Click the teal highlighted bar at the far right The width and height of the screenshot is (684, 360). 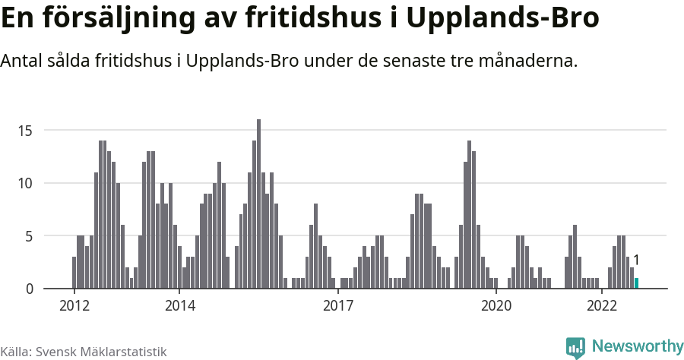click(636, 283)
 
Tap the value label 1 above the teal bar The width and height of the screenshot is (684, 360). click(636, 261)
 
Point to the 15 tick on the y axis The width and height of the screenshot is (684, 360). click(26, 131)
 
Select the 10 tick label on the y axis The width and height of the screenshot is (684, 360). click(26, 183)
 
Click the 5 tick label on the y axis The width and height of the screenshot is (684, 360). click(29, 236)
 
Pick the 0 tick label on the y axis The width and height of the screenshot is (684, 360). click(29, 289)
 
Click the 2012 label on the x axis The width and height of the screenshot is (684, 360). click(74, 306)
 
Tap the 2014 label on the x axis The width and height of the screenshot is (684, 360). click(179, 306)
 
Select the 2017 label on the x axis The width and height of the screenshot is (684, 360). click(338, 306)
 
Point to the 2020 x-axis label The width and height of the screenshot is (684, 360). click(496, 306)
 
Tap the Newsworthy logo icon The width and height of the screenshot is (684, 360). click(575, 347)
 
